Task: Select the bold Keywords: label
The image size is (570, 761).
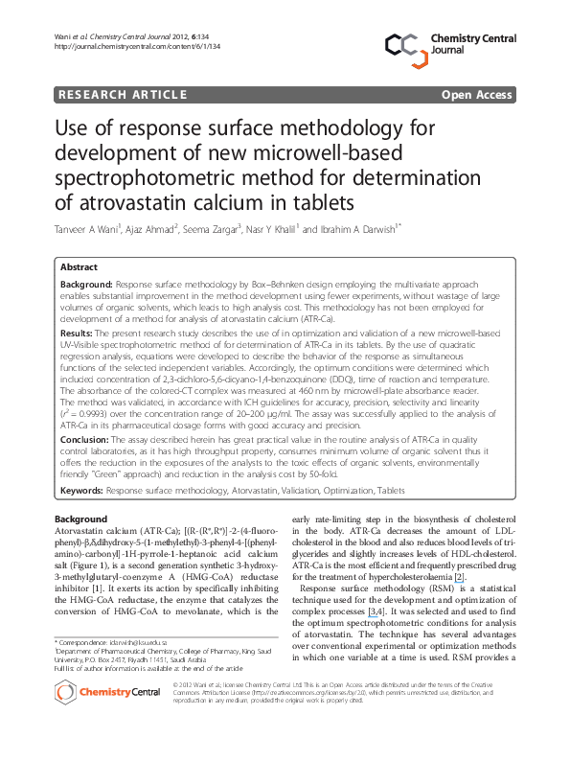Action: pyautogui.click(x=82, y=490)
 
